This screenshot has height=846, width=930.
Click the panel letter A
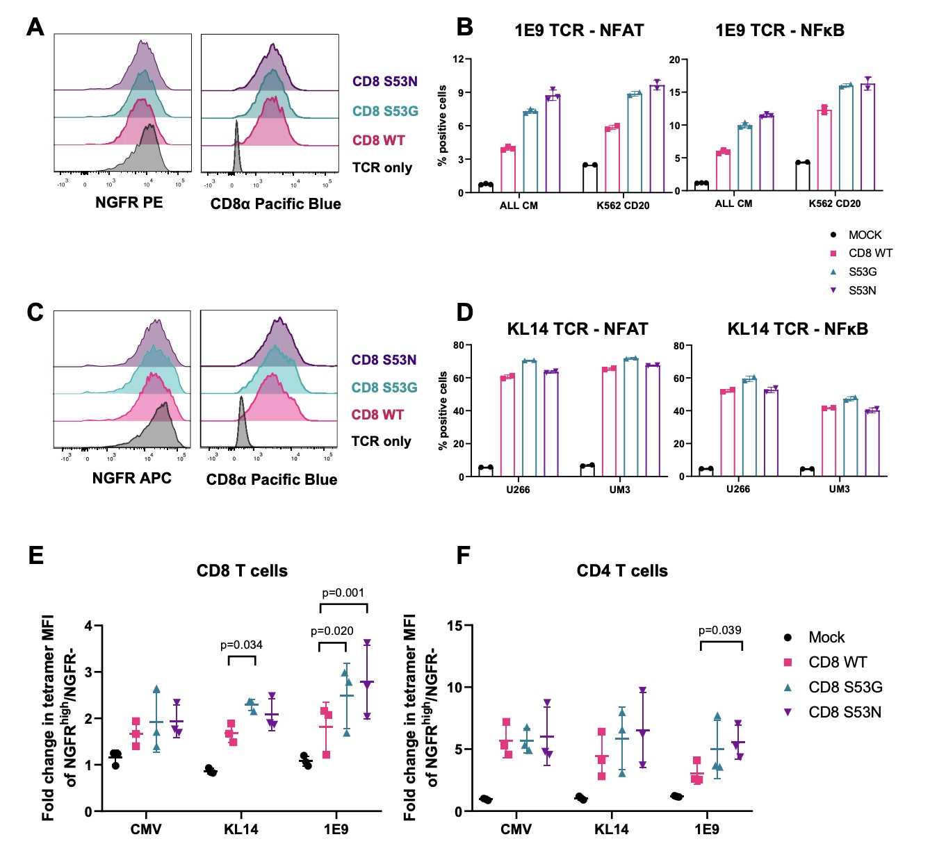pyautogui.click(x=35, y=27)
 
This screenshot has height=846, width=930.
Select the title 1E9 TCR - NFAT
pyautogui.click(x=579, y=31)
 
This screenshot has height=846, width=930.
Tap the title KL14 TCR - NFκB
pyautogui.click(x=797, y=329)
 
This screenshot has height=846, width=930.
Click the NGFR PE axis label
pyautogui.click(x=129, y=203)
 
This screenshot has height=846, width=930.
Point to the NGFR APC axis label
pyautogui.click(x=131, y=479)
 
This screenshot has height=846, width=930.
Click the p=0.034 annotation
pyautogui.click(x=241, y=645)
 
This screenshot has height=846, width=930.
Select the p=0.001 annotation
pyautogui.click(x=343, y=593)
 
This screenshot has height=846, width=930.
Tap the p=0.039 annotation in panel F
pyautogui.click(x=719, y=631)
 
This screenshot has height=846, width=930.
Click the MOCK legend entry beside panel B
pyautogui.click(x=864, y=235)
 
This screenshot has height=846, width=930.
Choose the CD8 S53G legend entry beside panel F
pyautogui.click(x=845, y=688)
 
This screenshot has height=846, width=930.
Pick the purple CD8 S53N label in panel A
pyautogui.click(x=384, y=82)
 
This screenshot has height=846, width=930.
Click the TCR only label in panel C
pyautogui.click(x=381, y=442)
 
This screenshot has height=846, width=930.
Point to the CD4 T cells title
pyautogui.click(x=622, y=571)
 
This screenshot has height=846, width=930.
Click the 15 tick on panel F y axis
pyautogui.click(x=455, y=626)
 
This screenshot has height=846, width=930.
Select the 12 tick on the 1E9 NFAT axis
pyautogui.click(x=458, y=60)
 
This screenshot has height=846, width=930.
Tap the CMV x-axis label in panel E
pyautogui.click(x=146, y=829)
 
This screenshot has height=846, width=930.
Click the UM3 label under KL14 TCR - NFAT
pyautogui.click(x=619, y=490)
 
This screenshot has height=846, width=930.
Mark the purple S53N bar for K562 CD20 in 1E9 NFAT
pyautogui.click(x=657, y=139)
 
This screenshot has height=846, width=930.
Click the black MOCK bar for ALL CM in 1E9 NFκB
pyautogui.click(x=701, y=187)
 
